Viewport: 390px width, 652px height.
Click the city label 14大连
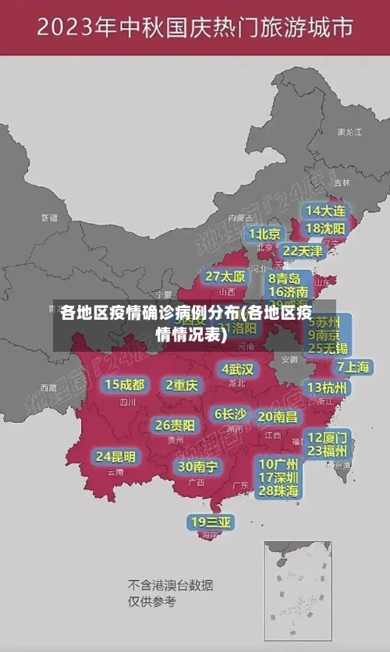click(325, 211)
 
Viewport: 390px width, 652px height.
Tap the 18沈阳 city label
click(325, 228)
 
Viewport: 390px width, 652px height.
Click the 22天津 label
click(302, 250)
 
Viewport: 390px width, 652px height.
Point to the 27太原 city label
click(225, 276)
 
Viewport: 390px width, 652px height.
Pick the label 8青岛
click(285, 278)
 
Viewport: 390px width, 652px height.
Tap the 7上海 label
click(353, 367)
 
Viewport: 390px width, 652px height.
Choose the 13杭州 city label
click(328, 387)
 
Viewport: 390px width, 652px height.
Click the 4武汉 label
click(238, 368)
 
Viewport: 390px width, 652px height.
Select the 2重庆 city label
click(183, 384)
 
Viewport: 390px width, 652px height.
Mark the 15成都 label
click(125, 384)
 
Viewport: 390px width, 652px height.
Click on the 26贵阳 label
click(175, 425)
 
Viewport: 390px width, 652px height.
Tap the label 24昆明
click(115, 455)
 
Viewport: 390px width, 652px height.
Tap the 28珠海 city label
click(278, 491)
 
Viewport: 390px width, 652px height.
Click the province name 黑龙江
click(349, 133)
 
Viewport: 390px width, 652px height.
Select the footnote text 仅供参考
click(152, 601)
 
